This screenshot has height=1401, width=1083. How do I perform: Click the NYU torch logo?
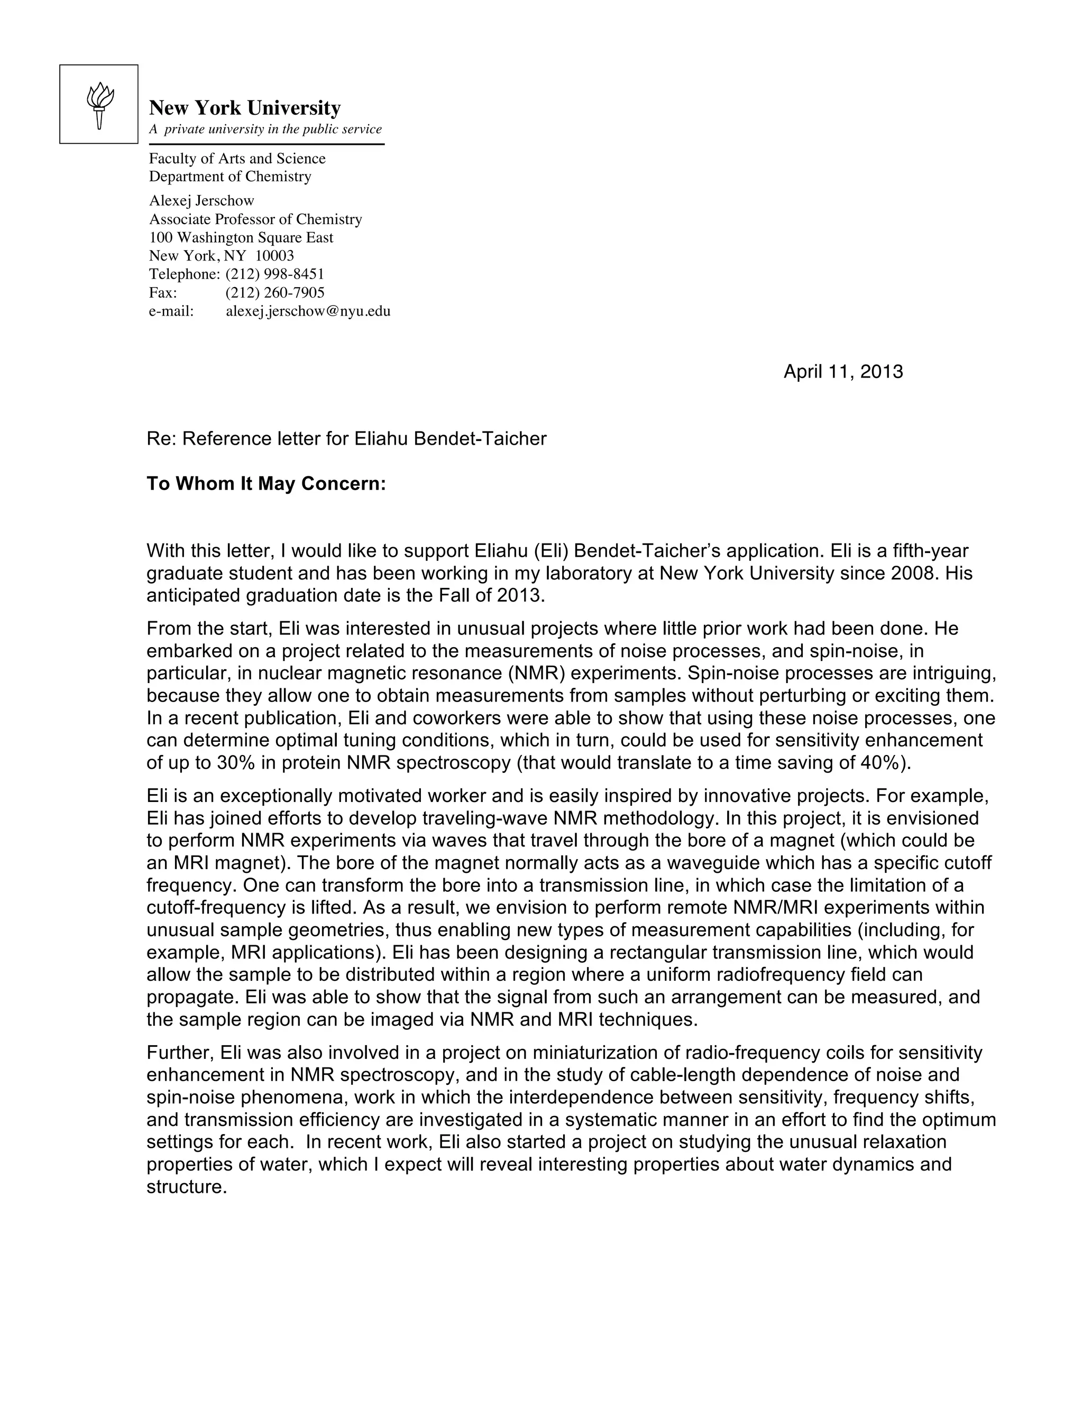[x=99, y=105]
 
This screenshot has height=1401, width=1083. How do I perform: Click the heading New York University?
[x=244, y=107]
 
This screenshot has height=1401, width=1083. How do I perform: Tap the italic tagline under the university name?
[x=265, y=129]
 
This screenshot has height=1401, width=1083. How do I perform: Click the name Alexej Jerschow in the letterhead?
[x=201, y=200]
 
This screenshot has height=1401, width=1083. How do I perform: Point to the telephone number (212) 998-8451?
[x=274, y=274]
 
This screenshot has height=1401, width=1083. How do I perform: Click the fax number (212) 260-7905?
[x=274, y=292]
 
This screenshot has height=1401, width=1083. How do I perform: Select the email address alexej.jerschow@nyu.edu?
[x=308, y=311]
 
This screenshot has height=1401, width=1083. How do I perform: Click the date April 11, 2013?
[x=842, y=372]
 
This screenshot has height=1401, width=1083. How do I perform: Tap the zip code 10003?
[x=274, y=256]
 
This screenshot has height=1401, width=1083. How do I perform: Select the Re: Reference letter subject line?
[x=346, y=439]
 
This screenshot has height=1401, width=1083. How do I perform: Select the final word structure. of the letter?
[x=187, y=1187]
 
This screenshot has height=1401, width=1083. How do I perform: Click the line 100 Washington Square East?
[x=241, y=237]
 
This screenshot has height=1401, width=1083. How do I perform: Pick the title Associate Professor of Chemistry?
[x=255, y=219]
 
